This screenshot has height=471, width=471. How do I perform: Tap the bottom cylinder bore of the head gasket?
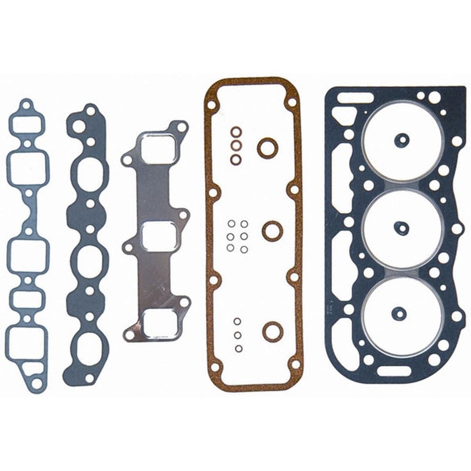coord(402,312)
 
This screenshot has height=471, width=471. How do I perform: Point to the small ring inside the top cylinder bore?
coord(402,140)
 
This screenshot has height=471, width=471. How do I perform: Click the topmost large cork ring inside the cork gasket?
coord(268,147)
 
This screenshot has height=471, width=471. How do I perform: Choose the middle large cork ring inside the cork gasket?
coord(272,230)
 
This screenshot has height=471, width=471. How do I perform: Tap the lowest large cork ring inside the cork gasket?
coord(273,331)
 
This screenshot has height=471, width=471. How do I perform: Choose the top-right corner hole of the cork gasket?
coord(291,102)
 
